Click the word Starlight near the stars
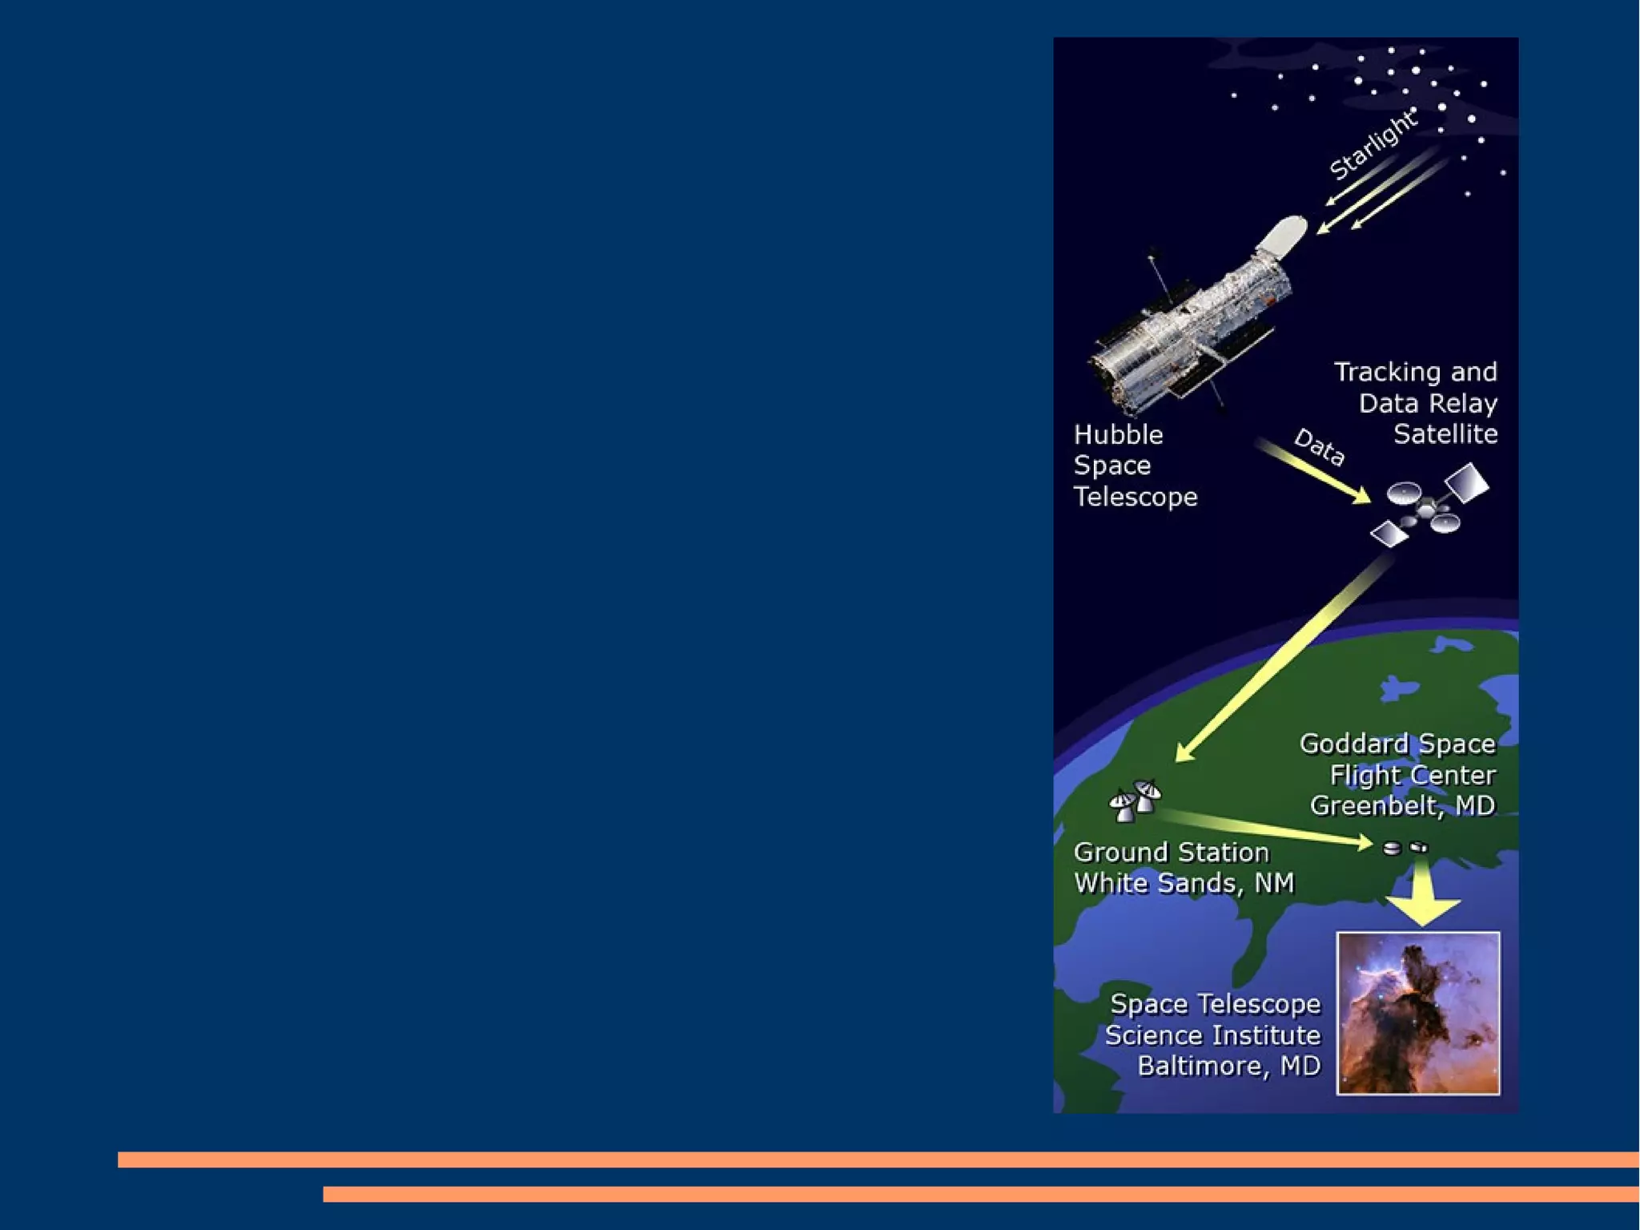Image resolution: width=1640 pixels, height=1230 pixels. [x=1373, y=145]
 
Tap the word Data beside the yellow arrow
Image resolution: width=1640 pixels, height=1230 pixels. [x=1320, y=447]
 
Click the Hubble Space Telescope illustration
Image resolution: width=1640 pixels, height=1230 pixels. [x=1193, y=329]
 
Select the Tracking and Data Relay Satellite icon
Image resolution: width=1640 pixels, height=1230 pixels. [x=1429, y=507]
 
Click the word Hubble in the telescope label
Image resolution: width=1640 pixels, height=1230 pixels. [x=1118, y=435]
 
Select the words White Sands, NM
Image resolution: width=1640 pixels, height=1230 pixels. [x=1184, y=883]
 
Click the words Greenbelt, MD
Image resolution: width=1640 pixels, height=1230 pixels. [x=1402, y=805]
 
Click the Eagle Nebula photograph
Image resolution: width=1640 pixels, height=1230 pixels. [x=1418, y=1013]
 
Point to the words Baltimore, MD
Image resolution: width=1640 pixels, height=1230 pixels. [x=1228, y=1067]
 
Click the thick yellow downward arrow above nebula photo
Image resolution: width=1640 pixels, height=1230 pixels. [x=1423, y=896]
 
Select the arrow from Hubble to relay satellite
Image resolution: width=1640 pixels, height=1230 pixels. [x=1313, y=472]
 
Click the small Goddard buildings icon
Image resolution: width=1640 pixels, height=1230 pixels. [x=1405, y=847]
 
